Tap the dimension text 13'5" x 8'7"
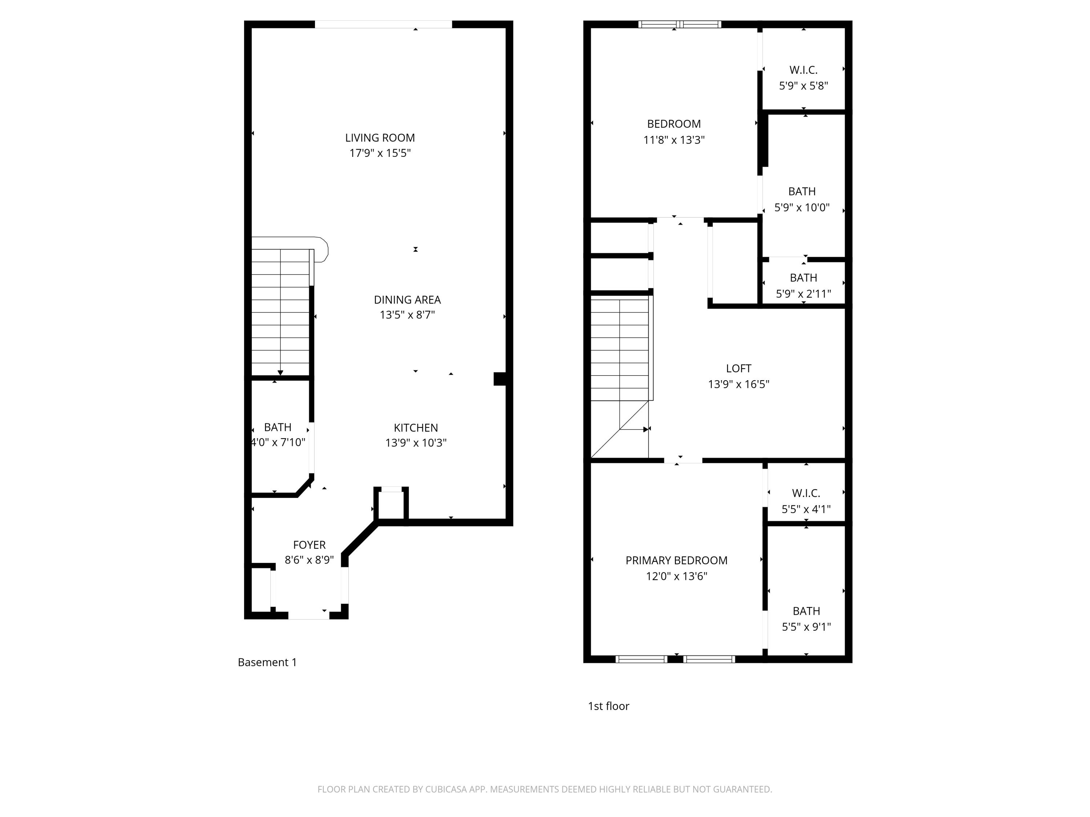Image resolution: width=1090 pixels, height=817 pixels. pyautogui.click(x=407, y=315)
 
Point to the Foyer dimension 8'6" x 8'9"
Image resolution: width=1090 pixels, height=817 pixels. pyautogui.click(x=309, y=560)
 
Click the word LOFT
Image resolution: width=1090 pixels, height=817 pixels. pyautogui.click(x=738, y=368)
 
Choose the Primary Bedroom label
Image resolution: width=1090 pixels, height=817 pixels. pyautogui.click(x=676, y=560)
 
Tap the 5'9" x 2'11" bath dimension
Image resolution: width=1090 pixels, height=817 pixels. pyautogui.click(x=803, y=294)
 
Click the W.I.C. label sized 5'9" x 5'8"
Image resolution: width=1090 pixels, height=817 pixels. pyautogui.click(x=803, y=70)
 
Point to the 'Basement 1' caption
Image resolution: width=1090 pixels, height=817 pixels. pyautogui.click(x=267, y=662)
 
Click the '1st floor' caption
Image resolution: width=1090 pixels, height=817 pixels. pyautogui.click(x=608, y=706)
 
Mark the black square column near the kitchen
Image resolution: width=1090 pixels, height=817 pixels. pyautogui.click(x=500, y=379)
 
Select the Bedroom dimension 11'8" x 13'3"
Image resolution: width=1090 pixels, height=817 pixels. pyautogui.click(x=674, y=140)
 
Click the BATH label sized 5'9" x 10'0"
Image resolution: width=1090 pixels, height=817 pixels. pyautogui.click(x=802, y=192)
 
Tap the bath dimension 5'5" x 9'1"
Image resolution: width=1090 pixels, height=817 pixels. pyautogui.click(x=806, y=627)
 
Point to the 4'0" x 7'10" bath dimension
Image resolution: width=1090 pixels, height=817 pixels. pyautogui.click(x=278, y=442)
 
